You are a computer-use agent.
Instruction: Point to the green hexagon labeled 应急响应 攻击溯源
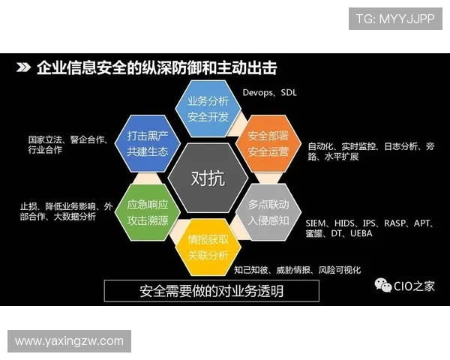tap(147, 211)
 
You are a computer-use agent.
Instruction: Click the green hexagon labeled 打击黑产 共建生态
tap(147, 143)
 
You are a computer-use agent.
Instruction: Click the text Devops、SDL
tap(269, 93)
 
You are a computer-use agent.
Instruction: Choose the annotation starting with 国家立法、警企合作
tap(67, 144)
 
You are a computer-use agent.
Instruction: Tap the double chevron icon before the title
tap(22, 68)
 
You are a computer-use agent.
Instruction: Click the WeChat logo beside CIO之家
tap(383, 286)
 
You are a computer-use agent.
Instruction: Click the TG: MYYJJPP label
tap(394, 19)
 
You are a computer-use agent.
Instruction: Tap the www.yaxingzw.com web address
tap(69, 341)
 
